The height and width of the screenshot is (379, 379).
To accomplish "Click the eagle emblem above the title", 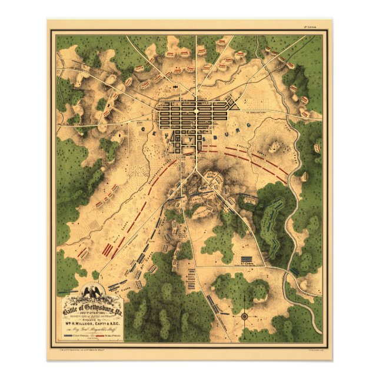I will [91, 292].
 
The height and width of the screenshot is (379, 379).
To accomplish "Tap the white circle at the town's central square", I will [197, 109].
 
